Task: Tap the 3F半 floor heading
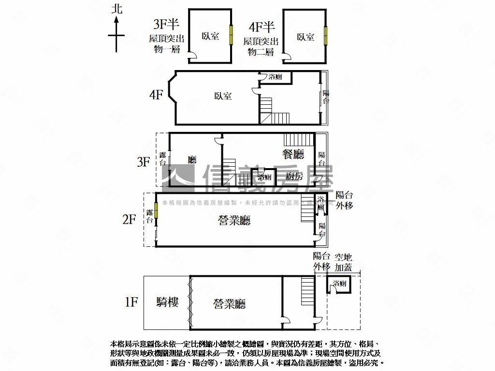point(166,24)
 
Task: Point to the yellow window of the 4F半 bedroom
point(326,35)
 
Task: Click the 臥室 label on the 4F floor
point(223,96)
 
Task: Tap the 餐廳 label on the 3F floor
point(293,155)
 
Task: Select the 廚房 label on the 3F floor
point(294,176)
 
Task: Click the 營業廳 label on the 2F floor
point(234,221)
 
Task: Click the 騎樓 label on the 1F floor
point(168,302)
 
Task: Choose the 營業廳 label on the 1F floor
point(230,304)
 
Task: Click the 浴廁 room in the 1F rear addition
point(339,284)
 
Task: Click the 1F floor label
point(131,302)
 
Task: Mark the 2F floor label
point(130,220)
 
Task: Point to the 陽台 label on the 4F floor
point(326,97)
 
